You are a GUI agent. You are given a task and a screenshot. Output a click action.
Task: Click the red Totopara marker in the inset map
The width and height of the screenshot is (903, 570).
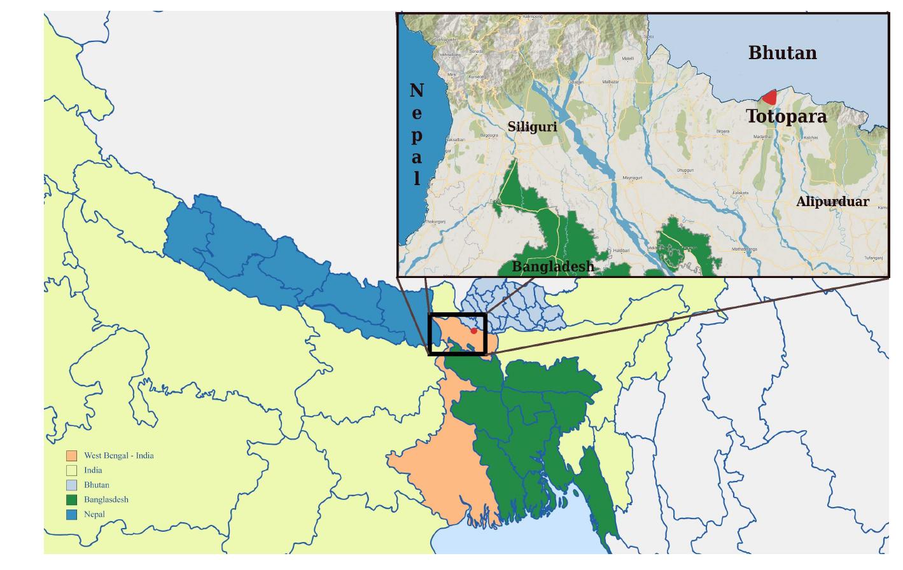[771, 97]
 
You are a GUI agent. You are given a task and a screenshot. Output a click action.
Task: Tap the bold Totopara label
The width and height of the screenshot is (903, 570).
[786, 116]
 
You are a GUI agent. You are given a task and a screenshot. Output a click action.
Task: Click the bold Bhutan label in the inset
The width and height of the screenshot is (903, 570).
[782, 53]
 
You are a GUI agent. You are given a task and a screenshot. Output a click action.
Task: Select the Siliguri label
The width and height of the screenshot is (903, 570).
[532, 127]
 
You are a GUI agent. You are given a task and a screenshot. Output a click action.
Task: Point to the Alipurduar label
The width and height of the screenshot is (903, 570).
[832, 202]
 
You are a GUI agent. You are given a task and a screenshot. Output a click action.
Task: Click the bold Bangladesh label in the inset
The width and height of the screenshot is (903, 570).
[553, 267]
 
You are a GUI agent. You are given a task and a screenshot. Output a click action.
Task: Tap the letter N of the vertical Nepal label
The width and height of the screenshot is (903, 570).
[417, 91]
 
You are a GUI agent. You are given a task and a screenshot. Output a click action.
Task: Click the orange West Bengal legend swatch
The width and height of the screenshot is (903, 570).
[72, 455]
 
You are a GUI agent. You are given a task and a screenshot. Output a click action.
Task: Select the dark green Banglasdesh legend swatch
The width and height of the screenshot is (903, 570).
[72, 499]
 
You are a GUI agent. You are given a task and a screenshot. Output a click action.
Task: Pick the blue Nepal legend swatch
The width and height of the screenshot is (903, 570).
[72, 514]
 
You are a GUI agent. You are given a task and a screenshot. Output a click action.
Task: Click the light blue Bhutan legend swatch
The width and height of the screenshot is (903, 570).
[72, 485]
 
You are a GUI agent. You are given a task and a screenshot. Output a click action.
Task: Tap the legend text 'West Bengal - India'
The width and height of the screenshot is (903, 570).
[119, 455]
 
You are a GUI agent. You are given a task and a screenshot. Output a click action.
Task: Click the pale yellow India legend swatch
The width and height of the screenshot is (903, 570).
[72, 470]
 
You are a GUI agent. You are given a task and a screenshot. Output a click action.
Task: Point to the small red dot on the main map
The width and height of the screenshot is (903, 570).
[473, 331]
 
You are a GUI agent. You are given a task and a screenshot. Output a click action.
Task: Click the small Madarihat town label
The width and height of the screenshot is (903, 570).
[762, 137]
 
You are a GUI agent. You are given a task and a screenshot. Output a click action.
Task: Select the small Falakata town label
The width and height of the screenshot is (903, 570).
[741, 193]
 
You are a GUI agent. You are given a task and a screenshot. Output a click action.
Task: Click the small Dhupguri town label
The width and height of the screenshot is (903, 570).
[685, 170]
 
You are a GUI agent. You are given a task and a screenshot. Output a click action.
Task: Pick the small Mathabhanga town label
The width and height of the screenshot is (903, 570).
[745, 249]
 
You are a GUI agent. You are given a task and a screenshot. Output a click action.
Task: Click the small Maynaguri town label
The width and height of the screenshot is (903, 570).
[633, 177]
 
